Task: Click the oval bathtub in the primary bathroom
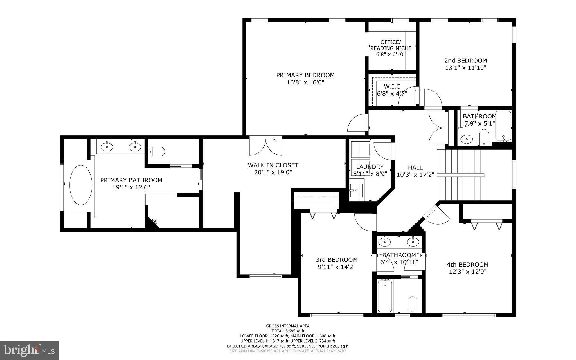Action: (81, 185)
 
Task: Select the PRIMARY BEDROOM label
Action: (305, 75)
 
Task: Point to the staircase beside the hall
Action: (461, 175)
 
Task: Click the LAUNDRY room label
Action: (370, 167)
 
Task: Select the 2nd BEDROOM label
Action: (465, 61)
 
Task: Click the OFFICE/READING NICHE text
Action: (391, 45)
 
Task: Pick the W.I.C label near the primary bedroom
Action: (392, 87)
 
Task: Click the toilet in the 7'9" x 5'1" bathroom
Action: (484, 137)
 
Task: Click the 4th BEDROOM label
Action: (467, 265)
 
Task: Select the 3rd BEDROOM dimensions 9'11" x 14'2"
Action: (336, 267)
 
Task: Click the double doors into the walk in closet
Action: (265, 147)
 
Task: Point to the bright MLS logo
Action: (29, 350)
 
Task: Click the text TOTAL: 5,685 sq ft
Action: (288, 331)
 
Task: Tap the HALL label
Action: (415, 167)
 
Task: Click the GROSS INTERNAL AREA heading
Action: (288, 326)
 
